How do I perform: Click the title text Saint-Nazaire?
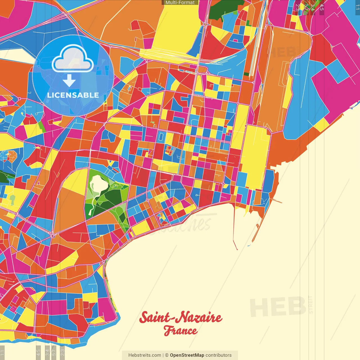(181, 318)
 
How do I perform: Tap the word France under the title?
(181, 331)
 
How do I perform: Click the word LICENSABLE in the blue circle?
(73, 95)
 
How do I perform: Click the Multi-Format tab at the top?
(180, 3)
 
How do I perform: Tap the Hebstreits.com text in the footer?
(145, 355)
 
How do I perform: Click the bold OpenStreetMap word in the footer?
(187, 355)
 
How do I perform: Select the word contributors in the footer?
(219, 355)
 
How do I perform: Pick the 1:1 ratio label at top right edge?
(357, 7)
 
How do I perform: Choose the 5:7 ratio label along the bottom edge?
(54, 352)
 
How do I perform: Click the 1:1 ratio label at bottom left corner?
(2, 352)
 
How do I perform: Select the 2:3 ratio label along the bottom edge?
(62, 352)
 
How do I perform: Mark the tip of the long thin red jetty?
(237, 249)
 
